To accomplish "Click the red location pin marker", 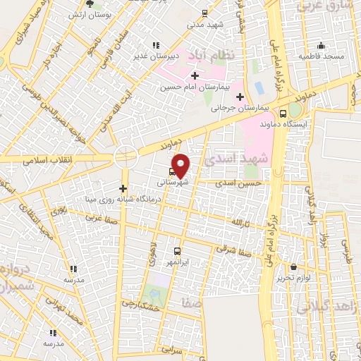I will point(181,166).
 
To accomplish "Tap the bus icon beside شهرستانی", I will point(173,171).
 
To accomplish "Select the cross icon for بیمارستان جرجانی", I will point(240,97).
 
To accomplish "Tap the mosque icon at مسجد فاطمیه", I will point(321,45).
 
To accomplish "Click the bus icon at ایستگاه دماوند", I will point(283,114).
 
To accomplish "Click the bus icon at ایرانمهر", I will point(176,250).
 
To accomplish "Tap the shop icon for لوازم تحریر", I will point(293,267).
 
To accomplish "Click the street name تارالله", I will point(240,223).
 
